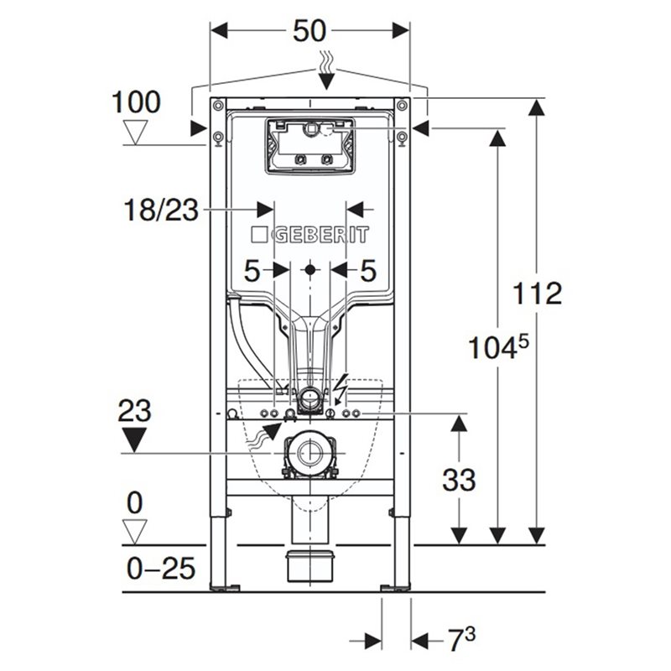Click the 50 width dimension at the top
[309, 31]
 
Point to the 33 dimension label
[459, 479]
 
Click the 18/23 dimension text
[161, 211]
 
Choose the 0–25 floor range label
[161, 569]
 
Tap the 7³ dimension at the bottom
[460, 639]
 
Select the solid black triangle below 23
[134, 439]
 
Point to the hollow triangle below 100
[135, 132]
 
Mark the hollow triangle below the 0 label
[135, 532]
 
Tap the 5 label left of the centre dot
[252, 271]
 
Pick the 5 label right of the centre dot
[368, 271]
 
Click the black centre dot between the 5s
[310, 270]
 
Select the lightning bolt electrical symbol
[342, 389]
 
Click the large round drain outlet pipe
[309, 453]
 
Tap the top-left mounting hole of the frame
[218, 105]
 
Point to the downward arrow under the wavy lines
[326, 81]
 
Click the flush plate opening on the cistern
[309, 145]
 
